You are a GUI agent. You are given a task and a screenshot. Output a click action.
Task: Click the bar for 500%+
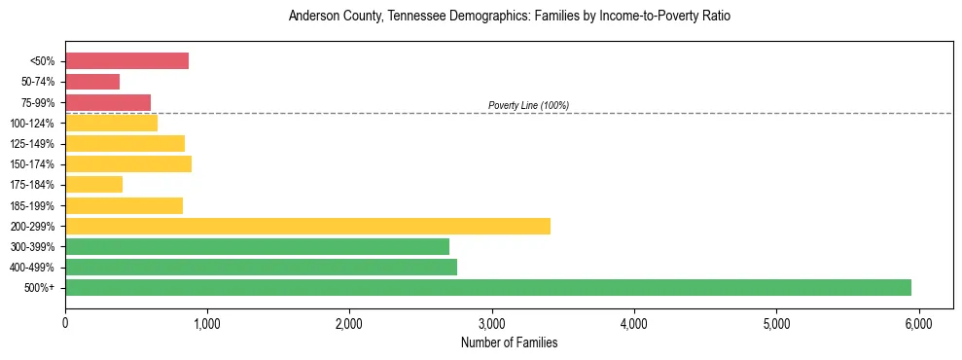coord(488,287)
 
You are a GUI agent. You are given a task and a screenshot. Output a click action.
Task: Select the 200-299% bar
coord(307,226)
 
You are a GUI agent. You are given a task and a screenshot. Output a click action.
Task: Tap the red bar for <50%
coord(126,61)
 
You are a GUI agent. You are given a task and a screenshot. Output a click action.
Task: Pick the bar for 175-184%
coord(93,185)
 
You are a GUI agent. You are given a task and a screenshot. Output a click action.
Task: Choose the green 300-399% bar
coord(257,246)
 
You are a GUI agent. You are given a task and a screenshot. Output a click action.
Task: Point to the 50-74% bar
coord(92,82)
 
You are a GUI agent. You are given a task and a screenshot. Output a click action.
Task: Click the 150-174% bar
coord(128,163)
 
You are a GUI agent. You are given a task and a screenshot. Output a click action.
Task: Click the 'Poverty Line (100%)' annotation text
coord(528,105)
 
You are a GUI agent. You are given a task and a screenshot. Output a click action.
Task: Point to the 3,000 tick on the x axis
coord(492,321)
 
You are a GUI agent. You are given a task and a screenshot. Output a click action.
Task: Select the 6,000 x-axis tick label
coord(918,321)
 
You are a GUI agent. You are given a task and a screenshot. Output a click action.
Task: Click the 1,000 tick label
coord(207,321)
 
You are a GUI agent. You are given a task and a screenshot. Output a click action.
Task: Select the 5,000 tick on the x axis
coord(776,321)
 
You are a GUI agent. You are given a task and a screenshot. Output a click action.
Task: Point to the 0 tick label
coord(65,321)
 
